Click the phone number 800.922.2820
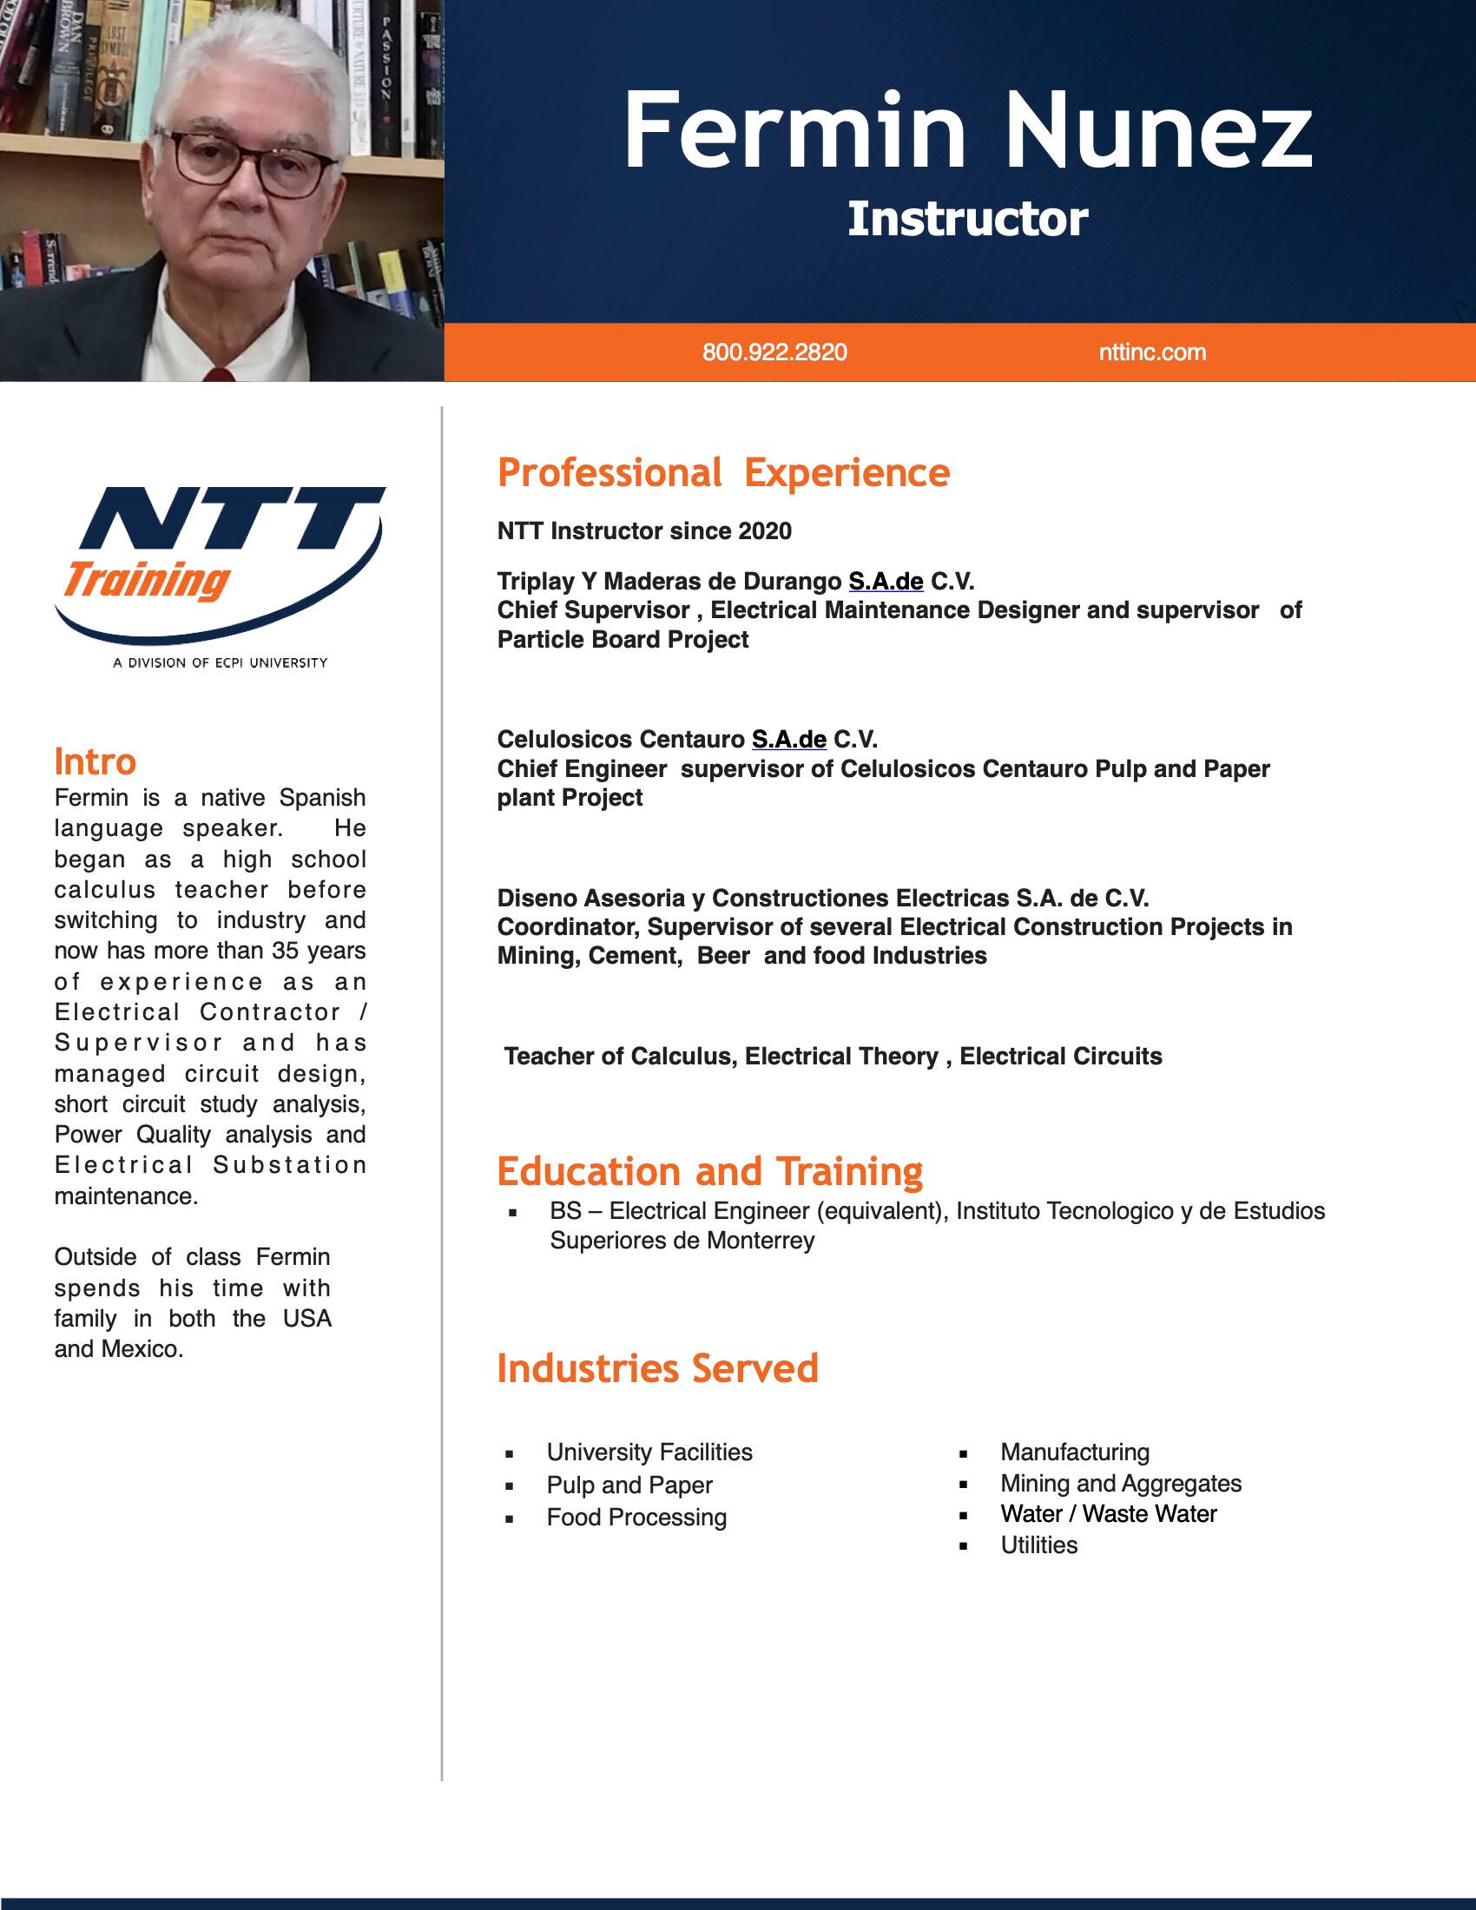pos(774,352)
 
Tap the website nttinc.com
pos(1151,352)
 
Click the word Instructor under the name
pos(967,219)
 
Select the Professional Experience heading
pos(723,473)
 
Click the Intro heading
pos(95,761)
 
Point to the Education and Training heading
pos(709,1172)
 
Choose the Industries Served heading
pos(656,1368)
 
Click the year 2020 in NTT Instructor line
pos(765,530)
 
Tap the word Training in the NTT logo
pos(147,581)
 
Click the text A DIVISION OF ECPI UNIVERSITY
pos(221,663)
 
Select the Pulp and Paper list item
pos(629,1485)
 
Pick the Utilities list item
pos(1038,1545)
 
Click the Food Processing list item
pos(636,1518)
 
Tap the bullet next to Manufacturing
pos(963,1454)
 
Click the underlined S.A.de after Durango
pos(885,582)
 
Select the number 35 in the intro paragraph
pos(286,951)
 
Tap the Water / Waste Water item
pos(1108,1514)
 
